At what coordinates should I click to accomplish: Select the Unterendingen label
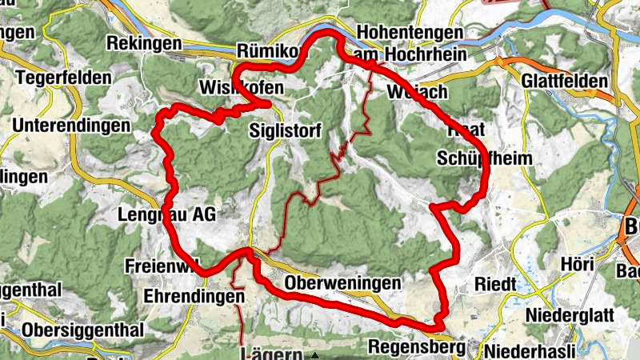[x=71, y=126]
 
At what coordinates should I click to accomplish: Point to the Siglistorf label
[x=285, y=130]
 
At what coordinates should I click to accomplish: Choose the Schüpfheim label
[x=484, y=158]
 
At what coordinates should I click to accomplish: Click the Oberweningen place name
[x=342, y=283]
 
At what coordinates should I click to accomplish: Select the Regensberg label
[x=417, y=347]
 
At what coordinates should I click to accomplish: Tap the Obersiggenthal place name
[x=83, y=330]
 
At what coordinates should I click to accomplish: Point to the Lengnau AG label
[x=166, y=214]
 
